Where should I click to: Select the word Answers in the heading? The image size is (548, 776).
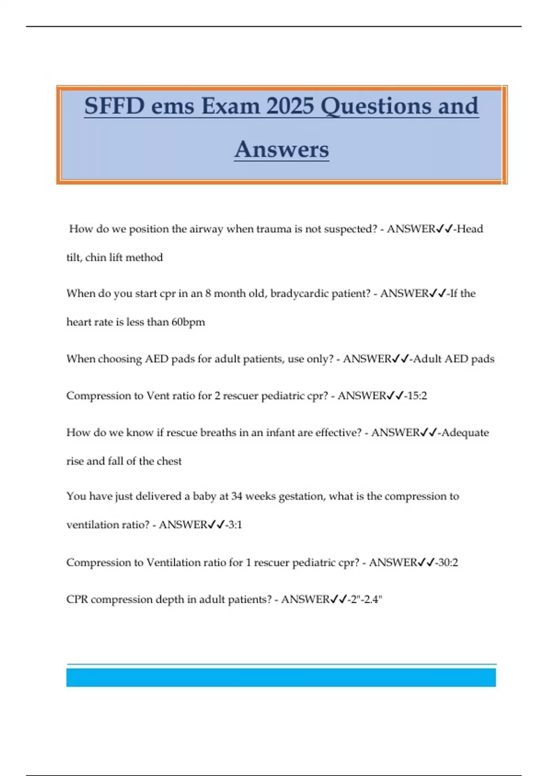282,149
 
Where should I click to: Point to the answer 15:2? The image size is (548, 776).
416,396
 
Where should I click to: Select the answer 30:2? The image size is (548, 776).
448,562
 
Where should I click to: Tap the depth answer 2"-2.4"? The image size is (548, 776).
365,599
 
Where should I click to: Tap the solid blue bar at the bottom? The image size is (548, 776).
281,677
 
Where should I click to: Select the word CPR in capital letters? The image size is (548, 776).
77,599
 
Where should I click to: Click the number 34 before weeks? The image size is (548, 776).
237,496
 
